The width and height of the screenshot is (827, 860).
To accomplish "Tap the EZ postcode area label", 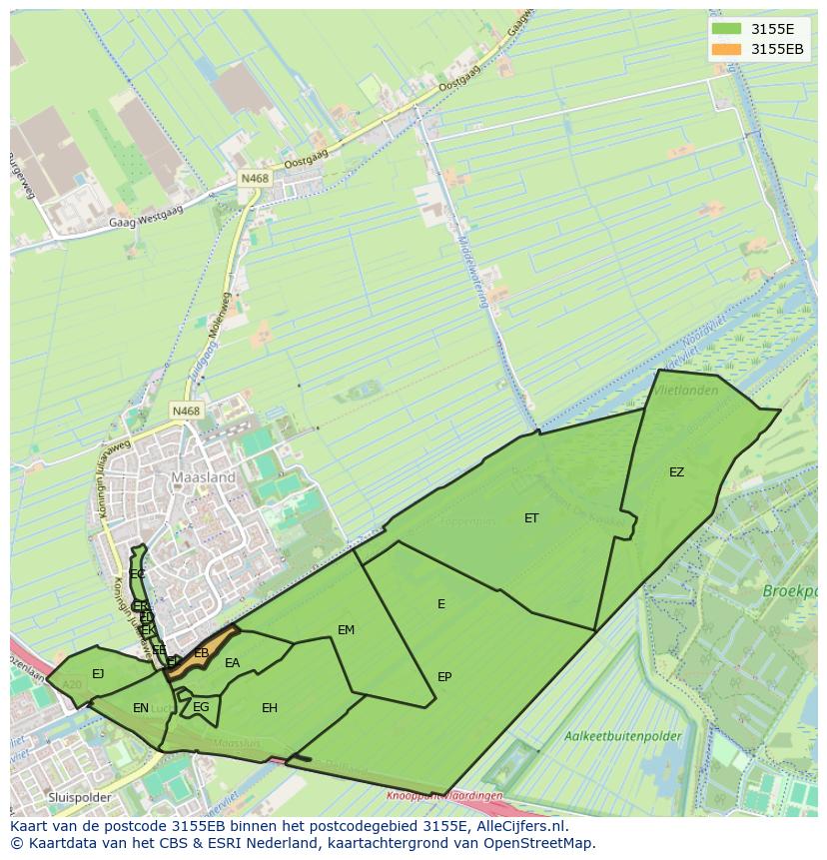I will (x=677, y=472).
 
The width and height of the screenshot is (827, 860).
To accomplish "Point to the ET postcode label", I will (x=531, y=518).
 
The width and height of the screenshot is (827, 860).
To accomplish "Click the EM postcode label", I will (x=347, y=630).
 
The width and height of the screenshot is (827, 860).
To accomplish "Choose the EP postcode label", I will (x=444, y=677).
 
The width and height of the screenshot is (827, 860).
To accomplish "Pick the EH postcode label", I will (x=270, y=708).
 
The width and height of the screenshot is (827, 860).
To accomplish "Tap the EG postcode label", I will (x=201, y=708).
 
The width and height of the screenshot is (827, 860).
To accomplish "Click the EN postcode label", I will (x=141, y=708).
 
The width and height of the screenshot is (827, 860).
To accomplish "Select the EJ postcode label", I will (x=98, y=674).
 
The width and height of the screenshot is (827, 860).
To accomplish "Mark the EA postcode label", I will (x=233, y=663).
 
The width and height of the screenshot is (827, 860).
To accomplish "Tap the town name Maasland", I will (x=204, y=477).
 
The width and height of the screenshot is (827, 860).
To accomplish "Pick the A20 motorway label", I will (x=72, y=685).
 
